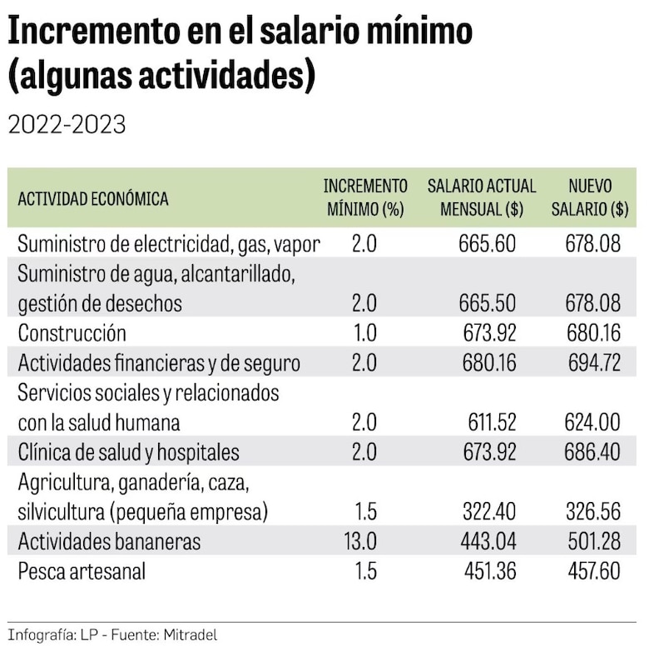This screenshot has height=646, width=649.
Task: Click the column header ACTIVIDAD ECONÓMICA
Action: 93,200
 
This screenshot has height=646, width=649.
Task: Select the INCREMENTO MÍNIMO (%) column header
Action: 365,198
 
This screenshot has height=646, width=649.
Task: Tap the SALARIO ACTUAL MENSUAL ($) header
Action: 482,198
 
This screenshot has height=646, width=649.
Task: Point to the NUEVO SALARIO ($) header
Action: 590,198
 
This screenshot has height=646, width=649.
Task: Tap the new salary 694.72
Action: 592,363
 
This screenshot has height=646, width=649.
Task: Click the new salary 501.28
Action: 592,542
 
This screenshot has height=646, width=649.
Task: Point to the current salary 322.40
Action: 488,511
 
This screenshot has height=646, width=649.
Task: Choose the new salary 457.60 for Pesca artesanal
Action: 592,572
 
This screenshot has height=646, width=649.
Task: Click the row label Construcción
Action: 72,334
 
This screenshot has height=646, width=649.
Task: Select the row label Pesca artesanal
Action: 82,572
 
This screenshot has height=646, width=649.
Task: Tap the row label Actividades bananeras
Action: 109,542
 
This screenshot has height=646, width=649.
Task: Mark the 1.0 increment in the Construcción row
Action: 364,334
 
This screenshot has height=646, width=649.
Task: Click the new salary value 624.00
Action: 592,423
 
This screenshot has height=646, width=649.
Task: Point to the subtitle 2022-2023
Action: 67,125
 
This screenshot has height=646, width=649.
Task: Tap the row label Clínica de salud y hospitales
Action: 128,453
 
